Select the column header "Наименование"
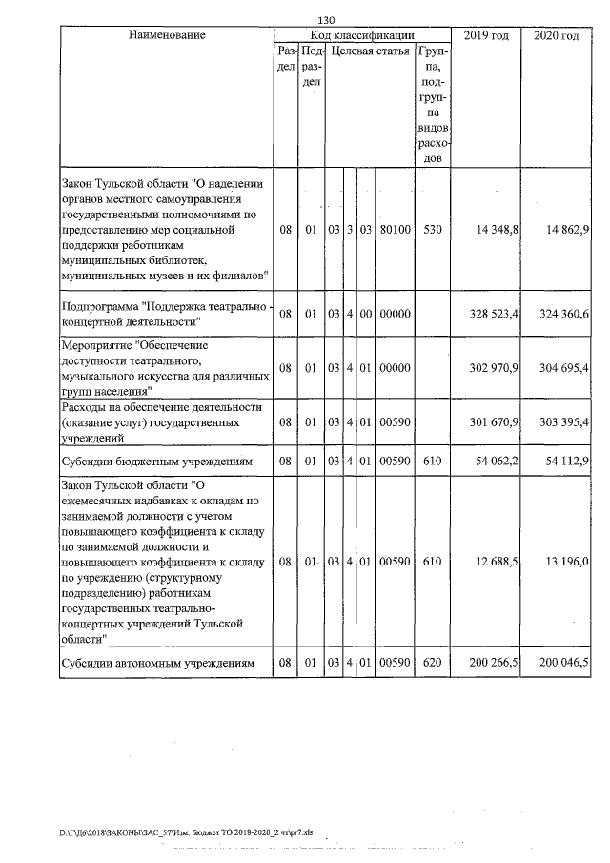[167, 35]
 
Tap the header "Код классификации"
[362, 35]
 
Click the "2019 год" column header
[485, 35]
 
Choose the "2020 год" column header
[557, 35]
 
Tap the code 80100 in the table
[394, 230]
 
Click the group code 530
[433, 230]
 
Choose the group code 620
[433, 662]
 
